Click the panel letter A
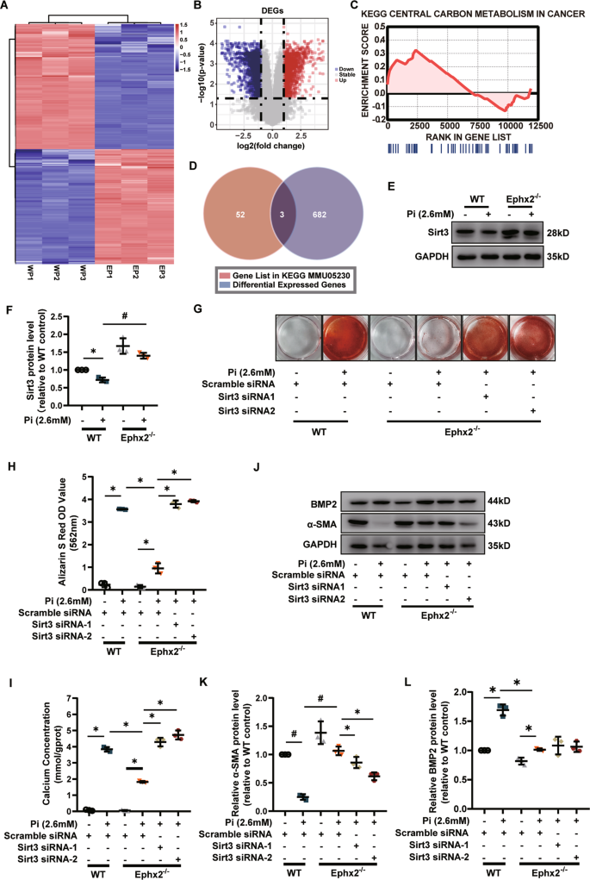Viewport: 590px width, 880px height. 6,7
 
